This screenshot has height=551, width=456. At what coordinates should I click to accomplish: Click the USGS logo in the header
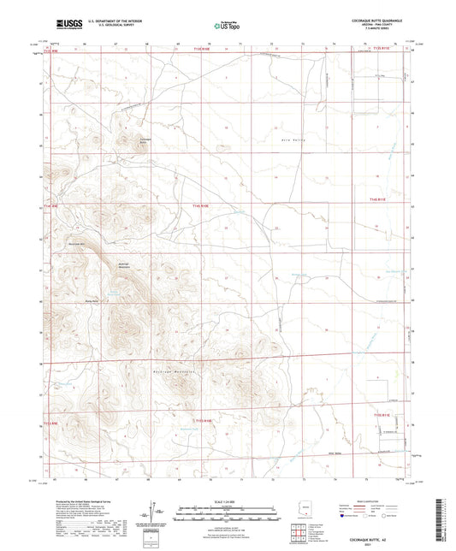[x=68, y=24]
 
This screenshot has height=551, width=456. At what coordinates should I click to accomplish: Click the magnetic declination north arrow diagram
[x=157, y=512]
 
